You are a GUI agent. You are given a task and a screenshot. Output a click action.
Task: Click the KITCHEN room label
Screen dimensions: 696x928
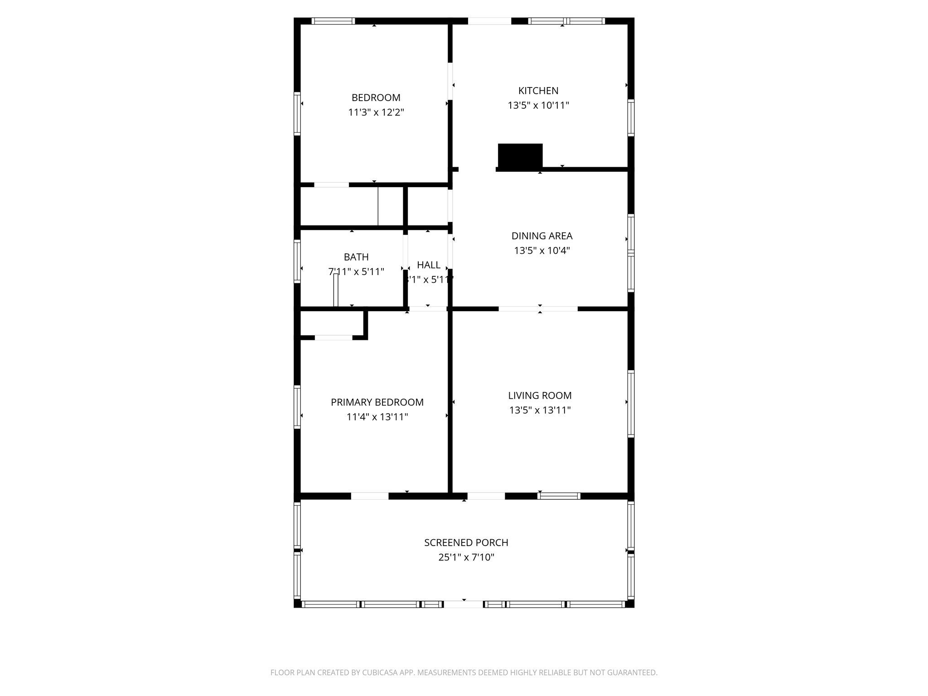pyautogui.click(x=538, y=91)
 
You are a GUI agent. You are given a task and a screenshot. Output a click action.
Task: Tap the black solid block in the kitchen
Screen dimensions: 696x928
pyautogui.click(x=520, y=155)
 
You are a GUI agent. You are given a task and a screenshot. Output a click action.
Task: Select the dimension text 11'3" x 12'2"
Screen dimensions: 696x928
pyautogui.click(x=376, y=112)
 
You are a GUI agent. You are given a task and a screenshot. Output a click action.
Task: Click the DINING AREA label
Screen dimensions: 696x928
pyautogui.click(x=542, y=236)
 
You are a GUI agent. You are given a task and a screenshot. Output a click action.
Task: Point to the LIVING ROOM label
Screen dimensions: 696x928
pyautogui.click(x=540, y=396)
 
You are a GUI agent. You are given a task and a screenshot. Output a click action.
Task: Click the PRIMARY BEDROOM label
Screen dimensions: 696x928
pyautogui.click(x=377, y=402)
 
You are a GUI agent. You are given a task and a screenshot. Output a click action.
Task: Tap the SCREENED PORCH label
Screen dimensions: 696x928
pyautogui.click(x=466, y=542)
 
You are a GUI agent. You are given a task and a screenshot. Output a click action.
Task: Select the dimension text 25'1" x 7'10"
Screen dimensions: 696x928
pyautogui.click(x=466, y=557)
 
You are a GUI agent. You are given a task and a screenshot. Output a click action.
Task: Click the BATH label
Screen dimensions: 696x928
pyautogui.click(x=356, y=257)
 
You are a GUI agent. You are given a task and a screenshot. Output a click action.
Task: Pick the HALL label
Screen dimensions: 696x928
pyautogui.click(x=429, y=265)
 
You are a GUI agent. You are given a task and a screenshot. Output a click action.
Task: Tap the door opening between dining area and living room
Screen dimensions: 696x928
pyautogui.click(x=538, y=309)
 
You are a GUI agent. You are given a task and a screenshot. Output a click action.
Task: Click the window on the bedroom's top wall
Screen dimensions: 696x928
pyautogui.click(x=333, y=21)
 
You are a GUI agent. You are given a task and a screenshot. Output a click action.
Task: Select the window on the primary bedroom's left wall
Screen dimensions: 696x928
pyautogui.click(x=297, y=406)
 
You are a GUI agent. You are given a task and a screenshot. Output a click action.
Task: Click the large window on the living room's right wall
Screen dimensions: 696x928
pyautogui.click(x=631, y=403)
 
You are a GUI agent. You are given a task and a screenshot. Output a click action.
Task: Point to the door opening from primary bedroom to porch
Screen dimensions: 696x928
pyautogui.click(x=370, y=496)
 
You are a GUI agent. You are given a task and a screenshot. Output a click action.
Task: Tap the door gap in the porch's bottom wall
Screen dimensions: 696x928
pyautogui.click(x=463, y=604)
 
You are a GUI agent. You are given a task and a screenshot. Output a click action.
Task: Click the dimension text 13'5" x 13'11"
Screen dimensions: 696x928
pyautogui.click(x=540, y=411)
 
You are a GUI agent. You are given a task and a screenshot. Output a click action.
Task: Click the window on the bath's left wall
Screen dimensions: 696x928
pyautogui.click(x=297, y=261)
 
